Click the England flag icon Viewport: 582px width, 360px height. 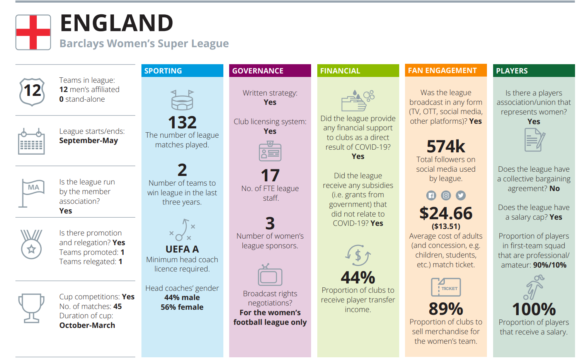pos(33,32)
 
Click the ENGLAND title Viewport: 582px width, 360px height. pos(117,23)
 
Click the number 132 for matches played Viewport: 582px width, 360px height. pos(182,123)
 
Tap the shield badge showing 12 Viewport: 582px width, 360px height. pos(32,91)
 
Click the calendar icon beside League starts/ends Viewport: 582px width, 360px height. pos(31,142)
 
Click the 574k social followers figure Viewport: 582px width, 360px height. pos(446,147)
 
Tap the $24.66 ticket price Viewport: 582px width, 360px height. pos(446,213)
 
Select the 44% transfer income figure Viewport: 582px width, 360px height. pos(358,277)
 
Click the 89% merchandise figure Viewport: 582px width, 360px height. pos(446,309)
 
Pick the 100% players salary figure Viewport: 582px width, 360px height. pos(534,309)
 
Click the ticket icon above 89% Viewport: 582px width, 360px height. pos(446,287)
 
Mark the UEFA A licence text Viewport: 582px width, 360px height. pos(182,249)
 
